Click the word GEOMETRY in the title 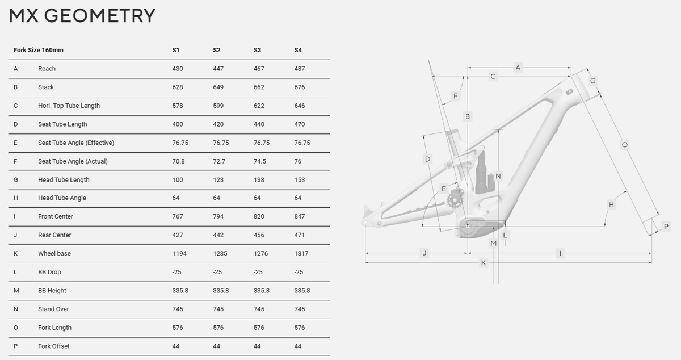[x=100, y=16]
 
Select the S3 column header [x=257, y=50]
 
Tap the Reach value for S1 [x=178, y=69]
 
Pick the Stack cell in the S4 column [x=300, y=87]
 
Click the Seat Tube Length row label [x=62, y=124]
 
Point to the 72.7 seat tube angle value [x=219, y=161]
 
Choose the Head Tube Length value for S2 [x=218, y=180]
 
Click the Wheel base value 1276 [x=260, y=253]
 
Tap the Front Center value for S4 [x=300, y=216]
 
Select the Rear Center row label [x=54, y=235]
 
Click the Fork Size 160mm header [x=39, y=50]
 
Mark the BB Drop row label [x=49, y=272]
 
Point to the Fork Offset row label [x=53, y=346]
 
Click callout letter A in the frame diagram [x=518, y=68]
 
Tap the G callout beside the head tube [x=592, y=81]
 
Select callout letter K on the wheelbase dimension [x=483, y=263]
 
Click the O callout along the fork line [x=624, y=145]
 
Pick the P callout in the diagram [x=666, y=227]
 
